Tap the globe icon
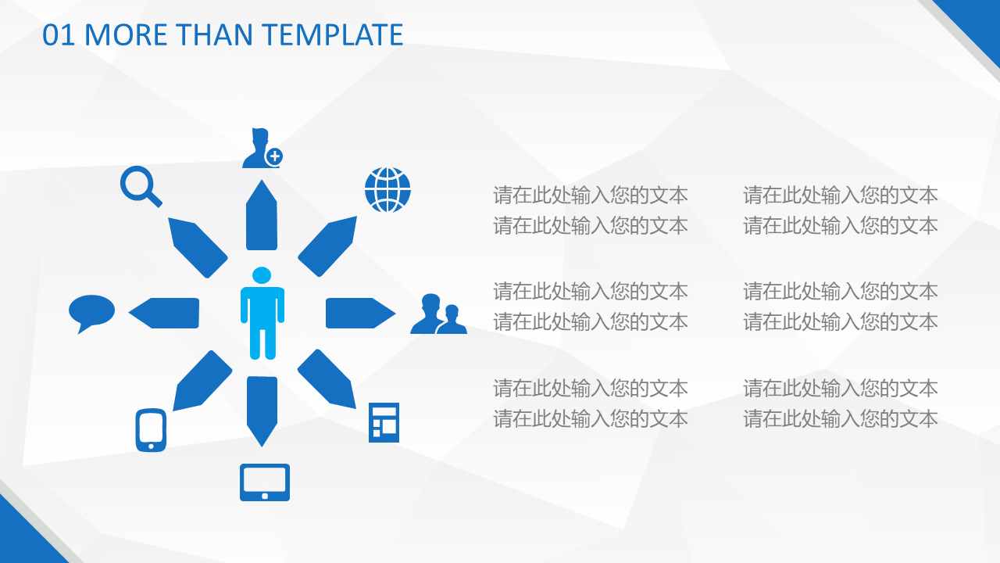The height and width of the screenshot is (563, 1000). click(387, 190)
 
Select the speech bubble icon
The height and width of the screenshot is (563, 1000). click(91, 314)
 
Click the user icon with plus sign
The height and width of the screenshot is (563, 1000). click(262, 149)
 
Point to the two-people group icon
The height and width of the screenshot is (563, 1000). click(438, 314)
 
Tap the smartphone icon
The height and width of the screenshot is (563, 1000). click(151, 430)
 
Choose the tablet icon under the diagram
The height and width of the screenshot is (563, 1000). click(265, 482)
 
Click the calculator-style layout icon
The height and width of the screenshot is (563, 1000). click(384, 423)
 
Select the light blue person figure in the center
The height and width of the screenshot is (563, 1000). click(262, 314)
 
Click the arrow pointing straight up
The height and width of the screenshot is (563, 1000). click(262, 215)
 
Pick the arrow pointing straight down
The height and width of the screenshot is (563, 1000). click(262, 411)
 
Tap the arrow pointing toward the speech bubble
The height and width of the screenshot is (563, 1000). click(164, 313)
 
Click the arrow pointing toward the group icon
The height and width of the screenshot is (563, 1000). click(360, 313)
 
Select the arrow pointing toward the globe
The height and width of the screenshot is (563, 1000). click(327, 246)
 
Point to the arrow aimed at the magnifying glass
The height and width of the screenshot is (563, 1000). click(198, 248)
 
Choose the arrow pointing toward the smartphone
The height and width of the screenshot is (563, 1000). click(202, 380)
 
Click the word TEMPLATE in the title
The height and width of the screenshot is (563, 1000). click(332, 35)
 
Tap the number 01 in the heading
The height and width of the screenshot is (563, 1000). click(59, 35)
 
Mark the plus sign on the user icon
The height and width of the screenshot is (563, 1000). click(274, 156)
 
